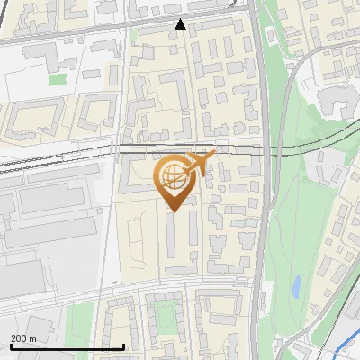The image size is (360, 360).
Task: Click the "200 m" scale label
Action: tap(23, 337)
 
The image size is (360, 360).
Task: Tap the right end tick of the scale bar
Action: tap(123, 346)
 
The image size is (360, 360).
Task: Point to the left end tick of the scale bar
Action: tap(11, 346)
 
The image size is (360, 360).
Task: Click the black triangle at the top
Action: tap(180, 24)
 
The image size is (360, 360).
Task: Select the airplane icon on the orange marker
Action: tap(200, 163)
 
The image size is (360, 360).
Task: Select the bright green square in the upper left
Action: tap(58, 79)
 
